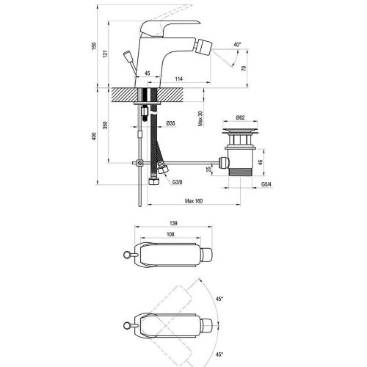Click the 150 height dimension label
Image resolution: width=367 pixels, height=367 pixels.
tap(94, 46)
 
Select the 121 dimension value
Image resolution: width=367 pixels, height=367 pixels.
tap(105, 54)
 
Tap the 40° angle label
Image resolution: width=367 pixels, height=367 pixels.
tap(237, 45)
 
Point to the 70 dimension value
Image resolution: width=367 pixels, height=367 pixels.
tap(244, 68)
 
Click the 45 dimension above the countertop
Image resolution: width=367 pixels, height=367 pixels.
tap(148, 73)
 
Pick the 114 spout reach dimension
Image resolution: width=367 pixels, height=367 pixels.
tap(179, 79)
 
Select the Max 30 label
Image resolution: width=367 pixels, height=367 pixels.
tap(200, 118)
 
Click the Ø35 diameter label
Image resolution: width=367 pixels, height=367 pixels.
tap(170, 123)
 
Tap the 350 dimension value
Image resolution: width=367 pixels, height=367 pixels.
tap(105, 125)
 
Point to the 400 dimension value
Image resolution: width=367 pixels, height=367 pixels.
tap(94, 137)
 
